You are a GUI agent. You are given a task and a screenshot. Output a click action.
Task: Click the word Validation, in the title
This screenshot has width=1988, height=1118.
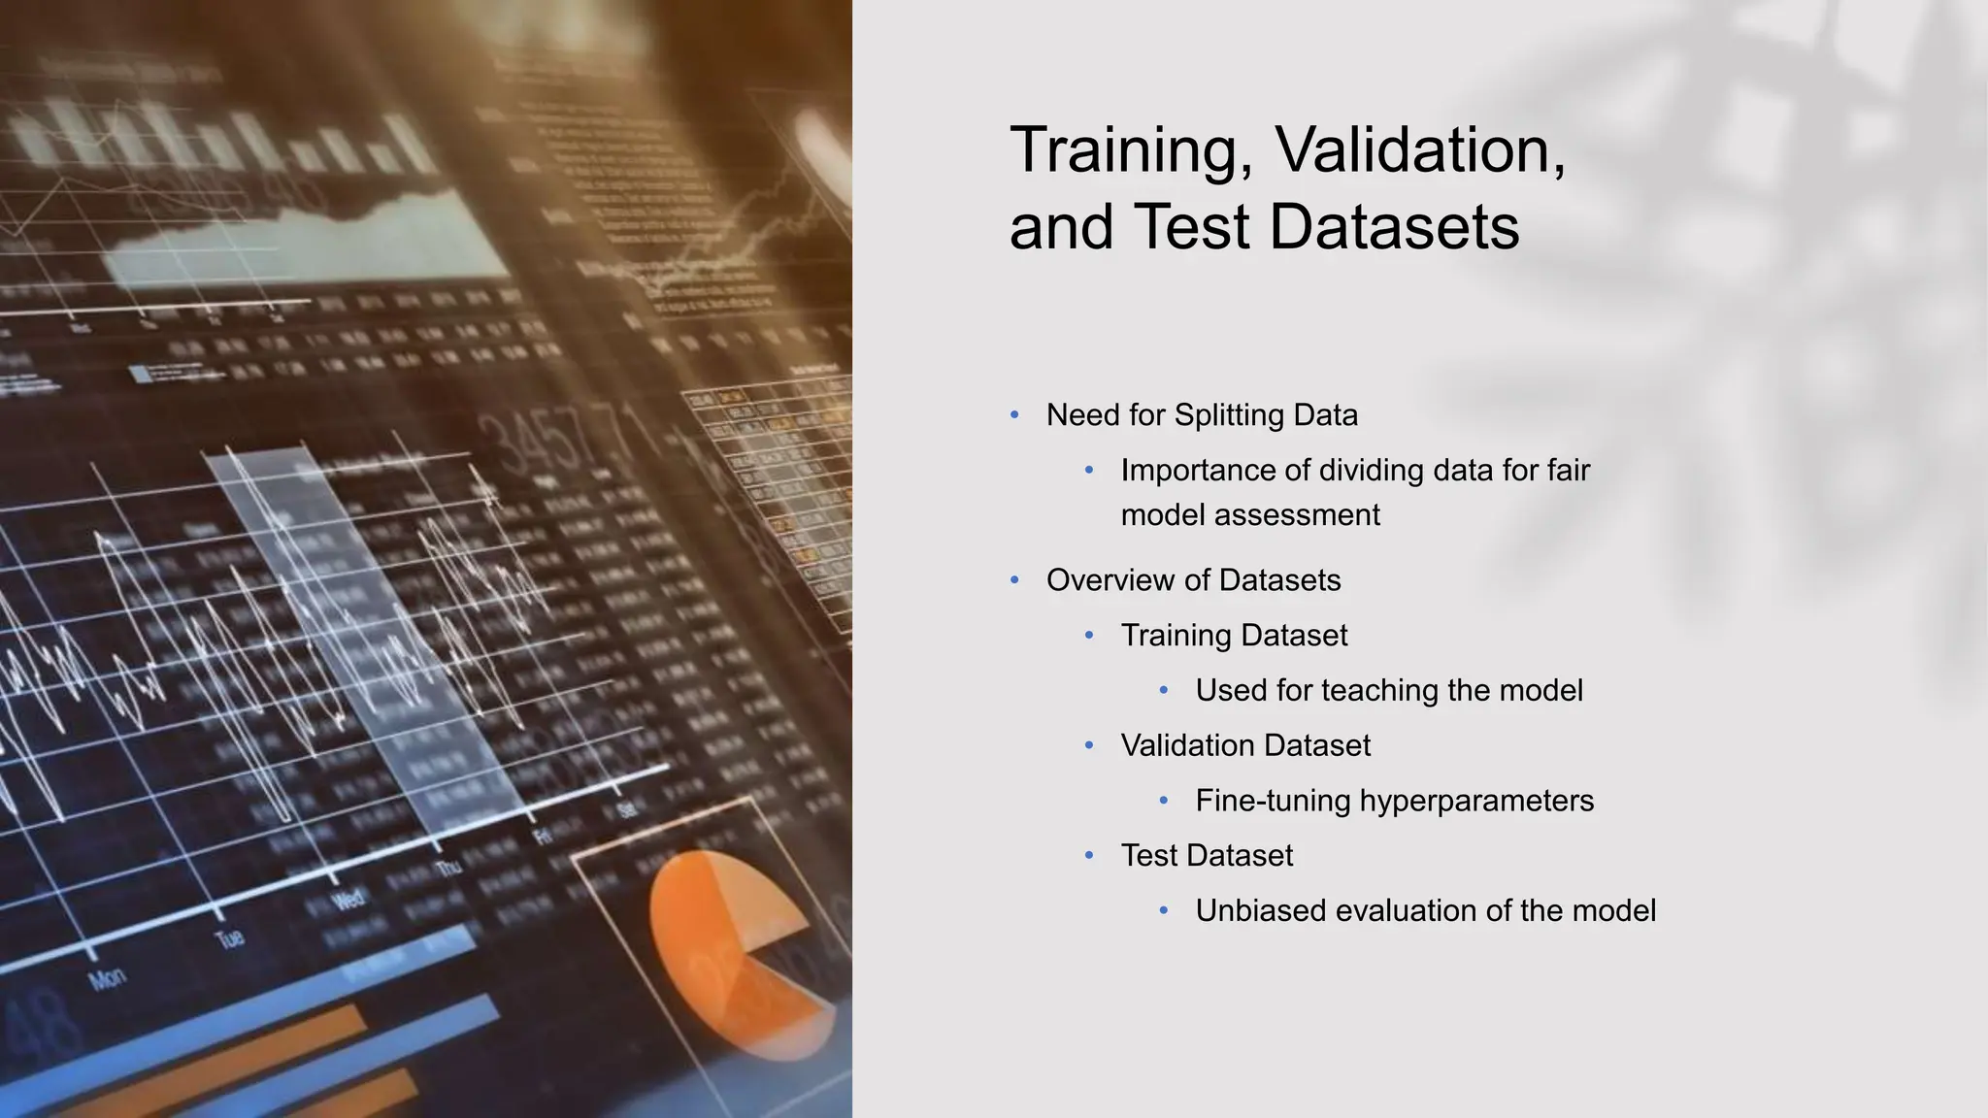[1419, 150]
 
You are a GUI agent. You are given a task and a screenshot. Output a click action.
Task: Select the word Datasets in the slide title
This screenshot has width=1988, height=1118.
[1394, 228]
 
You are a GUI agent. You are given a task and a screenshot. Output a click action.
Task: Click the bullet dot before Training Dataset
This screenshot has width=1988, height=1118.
[1089, 636]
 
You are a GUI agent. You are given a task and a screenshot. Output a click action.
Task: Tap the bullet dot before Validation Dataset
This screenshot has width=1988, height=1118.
[1089, 745]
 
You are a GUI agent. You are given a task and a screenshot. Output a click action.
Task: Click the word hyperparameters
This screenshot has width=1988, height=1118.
[1476, 801]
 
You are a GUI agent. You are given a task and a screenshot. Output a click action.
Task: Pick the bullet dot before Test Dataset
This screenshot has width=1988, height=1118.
[1089, 856]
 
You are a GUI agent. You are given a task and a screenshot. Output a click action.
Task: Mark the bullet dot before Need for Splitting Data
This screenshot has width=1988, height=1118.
[1014, 415]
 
